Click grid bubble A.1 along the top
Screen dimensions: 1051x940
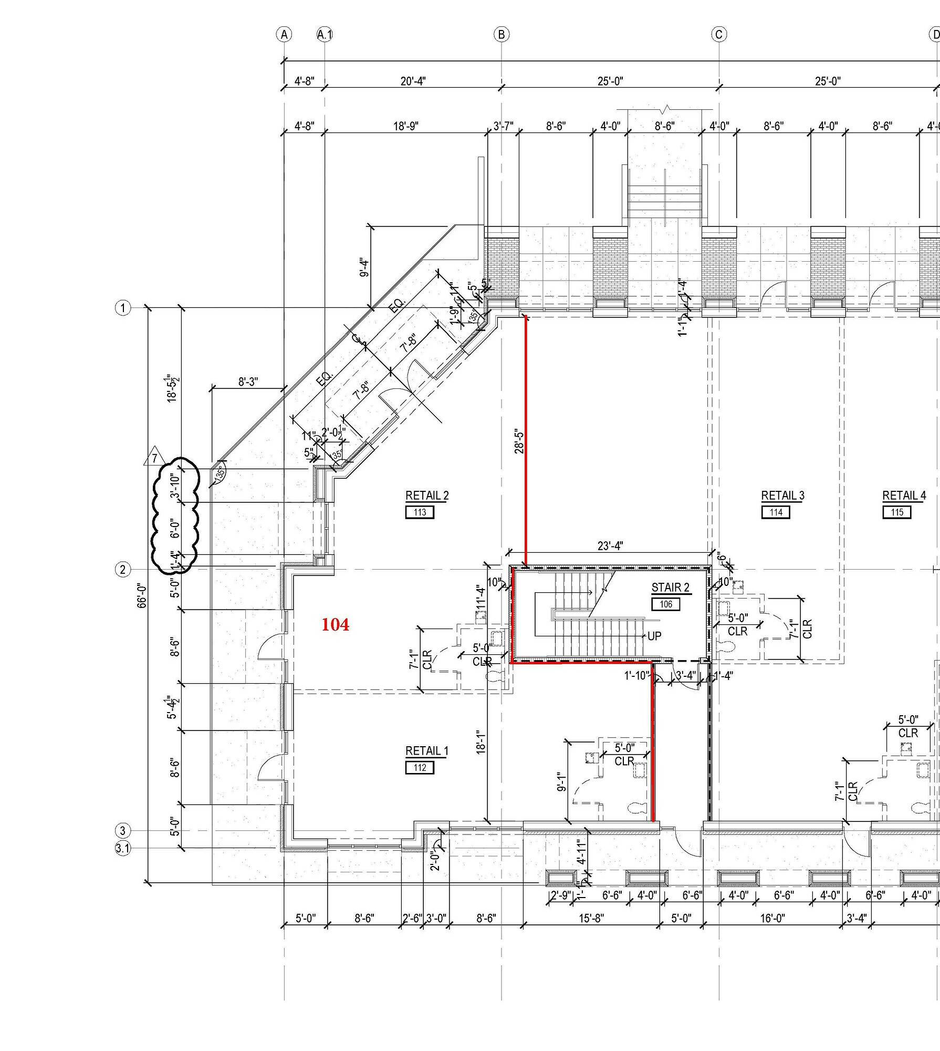coord(325,35)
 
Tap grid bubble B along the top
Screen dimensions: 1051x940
coord(502,35)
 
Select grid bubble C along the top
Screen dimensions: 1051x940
coord(719,35)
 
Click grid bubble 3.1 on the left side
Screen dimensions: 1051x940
coord(123,848)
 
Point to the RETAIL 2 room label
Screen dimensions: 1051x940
coord(427,496)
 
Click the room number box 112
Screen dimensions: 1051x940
coord(420,768)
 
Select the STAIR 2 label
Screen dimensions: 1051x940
coord(670,588)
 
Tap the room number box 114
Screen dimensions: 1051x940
coord(776,512)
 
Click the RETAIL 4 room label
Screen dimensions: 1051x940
coord(904,496)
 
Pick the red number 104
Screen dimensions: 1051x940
coord(335,625)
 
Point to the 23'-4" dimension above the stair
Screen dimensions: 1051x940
coord(610,546)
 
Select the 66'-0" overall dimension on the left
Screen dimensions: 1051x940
coord(142,595)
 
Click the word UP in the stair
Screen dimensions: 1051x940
coord(654,636)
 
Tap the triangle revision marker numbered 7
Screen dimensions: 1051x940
coord(154,458)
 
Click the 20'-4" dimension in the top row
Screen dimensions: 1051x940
coord(413,81)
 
